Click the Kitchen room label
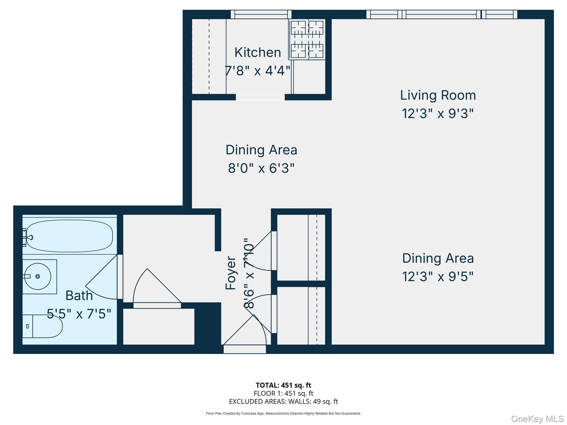[257, 52]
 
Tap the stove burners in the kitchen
[307, 39]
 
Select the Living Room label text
[438, 95]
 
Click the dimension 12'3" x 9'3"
[438, 113]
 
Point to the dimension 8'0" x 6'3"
[261, 168]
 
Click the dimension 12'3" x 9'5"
[438, 276]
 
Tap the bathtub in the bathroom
[69, 236]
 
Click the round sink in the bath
[38, 276]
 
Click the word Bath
[79, 296]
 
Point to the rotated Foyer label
[231, 273]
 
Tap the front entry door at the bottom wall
[245, 349]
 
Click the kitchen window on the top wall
[261, 14]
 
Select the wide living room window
[442, 14]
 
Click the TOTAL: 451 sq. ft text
[283, 385]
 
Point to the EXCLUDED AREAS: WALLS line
[283, 401]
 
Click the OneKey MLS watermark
[537, 419]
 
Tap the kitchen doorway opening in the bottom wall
[260, 97]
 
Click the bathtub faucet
[29, 237]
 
